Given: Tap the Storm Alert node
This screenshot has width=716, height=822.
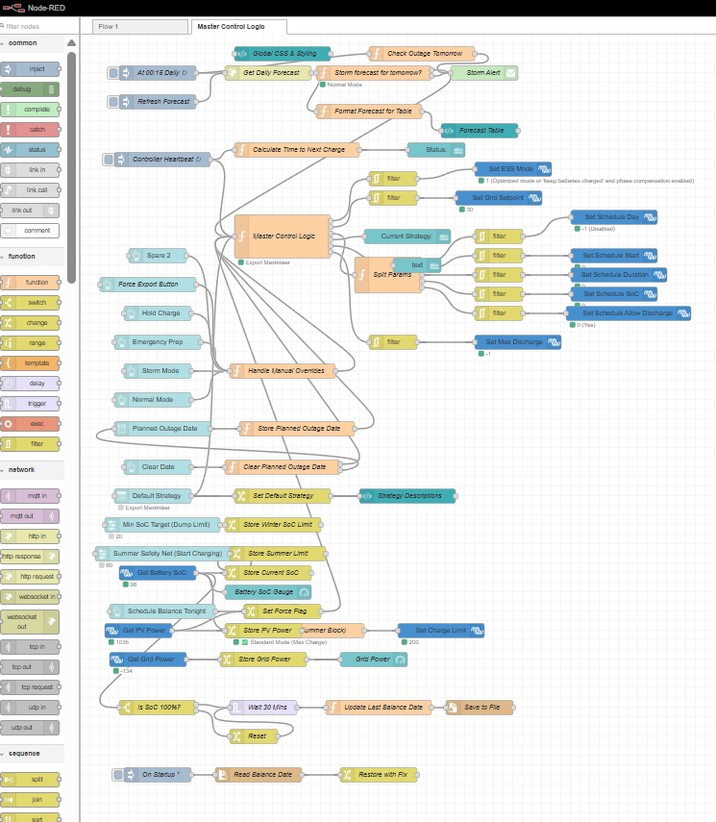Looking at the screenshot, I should pos(484,72).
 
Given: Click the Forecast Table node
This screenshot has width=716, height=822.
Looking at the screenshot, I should pos(481,130).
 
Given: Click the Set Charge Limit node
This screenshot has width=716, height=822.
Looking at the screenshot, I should pos(441,630).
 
